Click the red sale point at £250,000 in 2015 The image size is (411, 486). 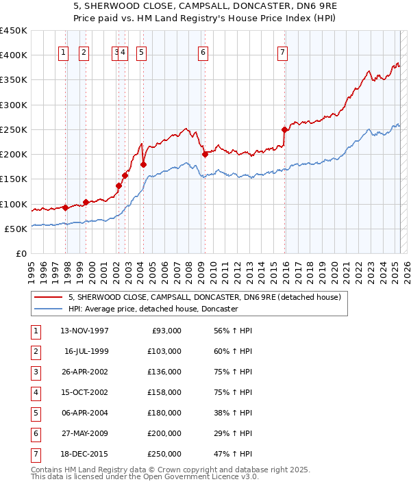(x=284, y=129)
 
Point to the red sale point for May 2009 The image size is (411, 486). (x=205, y=154)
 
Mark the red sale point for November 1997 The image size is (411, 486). (x=65, y=207)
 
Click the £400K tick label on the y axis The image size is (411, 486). (x=14, y=55)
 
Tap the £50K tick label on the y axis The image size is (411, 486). (x=16, y=229)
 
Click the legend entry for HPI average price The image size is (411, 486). (x=153, y=309)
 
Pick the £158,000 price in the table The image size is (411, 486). (x=164, y=393)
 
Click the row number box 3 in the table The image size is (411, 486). (x=34, y=372)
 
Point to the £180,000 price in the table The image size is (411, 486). (x=164, y=413)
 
